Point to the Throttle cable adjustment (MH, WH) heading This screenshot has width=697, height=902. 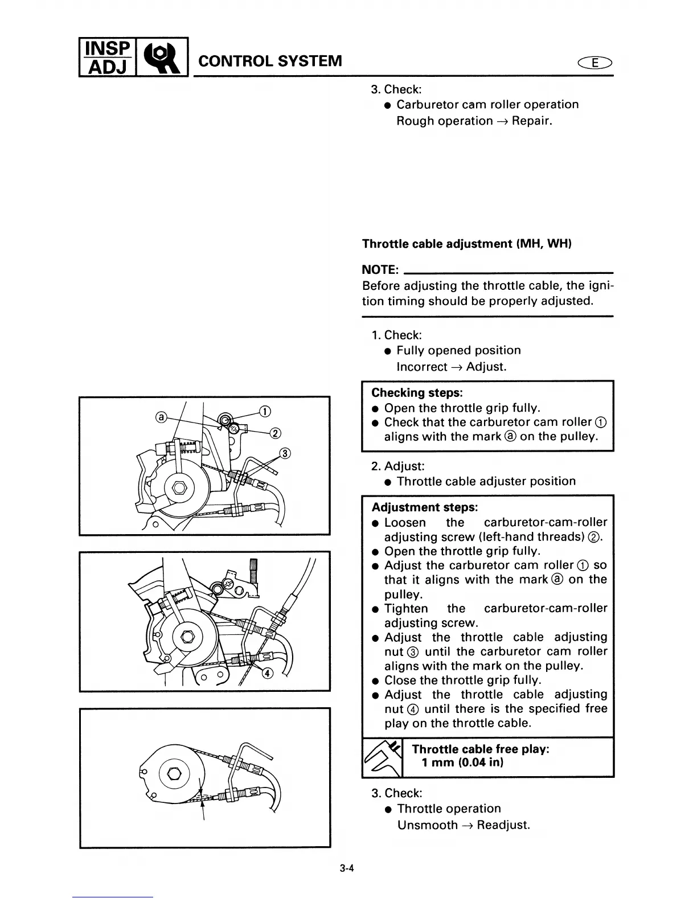tap(467, 244)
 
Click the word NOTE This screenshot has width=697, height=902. tap(380, 269)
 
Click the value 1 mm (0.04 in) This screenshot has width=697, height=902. tap(462, 763)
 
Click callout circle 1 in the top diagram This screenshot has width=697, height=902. tap(264, 412)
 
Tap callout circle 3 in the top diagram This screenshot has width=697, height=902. tap(285, 454)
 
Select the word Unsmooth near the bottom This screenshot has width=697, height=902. tap(427, 825)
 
